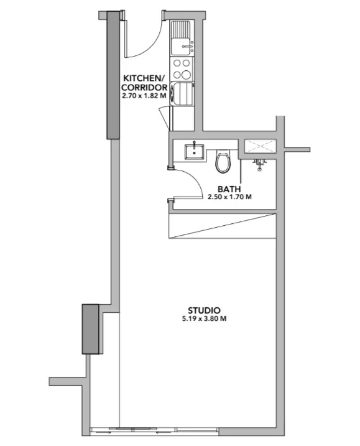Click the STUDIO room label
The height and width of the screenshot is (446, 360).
(x=204, y=310)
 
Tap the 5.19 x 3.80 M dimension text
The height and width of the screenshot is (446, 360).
(x=204, y=318)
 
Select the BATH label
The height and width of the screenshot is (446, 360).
(x=229, y=189)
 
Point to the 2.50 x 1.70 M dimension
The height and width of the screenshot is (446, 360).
(x=229, y=197)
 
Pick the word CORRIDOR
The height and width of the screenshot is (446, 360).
(x=144, y=87)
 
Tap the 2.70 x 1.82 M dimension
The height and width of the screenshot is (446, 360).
(x=144, y=96)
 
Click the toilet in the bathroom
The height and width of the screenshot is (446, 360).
(x=223, y=161)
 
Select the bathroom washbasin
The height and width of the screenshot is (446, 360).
(x=194, y=151)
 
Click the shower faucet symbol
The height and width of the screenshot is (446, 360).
(x=259, y=165)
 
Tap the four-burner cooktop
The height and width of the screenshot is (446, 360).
(x=182, y=69)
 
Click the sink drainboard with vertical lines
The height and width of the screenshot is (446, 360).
(x=181, y=29)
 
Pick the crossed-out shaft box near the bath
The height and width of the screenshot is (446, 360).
(x=260, y=146)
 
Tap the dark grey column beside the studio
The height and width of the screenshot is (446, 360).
(x=90, y=329)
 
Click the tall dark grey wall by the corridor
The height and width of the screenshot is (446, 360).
(x=113, y=75)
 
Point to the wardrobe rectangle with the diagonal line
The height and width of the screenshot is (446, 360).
(x=223, y=226)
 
